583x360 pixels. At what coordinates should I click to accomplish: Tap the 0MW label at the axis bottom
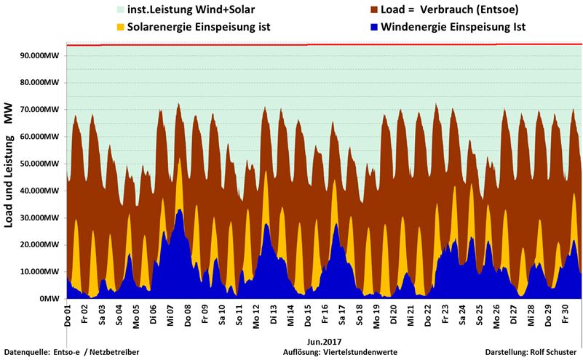pyautogui.click(x=49, y=299)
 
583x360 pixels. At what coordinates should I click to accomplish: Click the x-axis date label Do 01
pyautogui.click(x=68, y=315)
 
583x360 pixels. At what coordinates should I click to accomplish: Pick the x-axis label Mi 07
pyautogui.click(x=171, y=315)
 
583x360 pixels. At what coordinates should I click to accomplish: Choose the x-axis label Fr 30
pyautogui.click(x=566, y=315)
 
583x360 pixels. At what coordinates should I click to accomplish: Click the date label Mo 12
pyautogui.click(x=257, y=315)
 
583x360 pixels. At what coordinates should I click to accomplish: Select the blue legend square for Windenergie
pyautogui.click(x=374, y=28)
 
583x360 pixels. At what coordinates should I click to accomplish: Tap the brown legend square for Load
pyautogui.click(x=374, y=10)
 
